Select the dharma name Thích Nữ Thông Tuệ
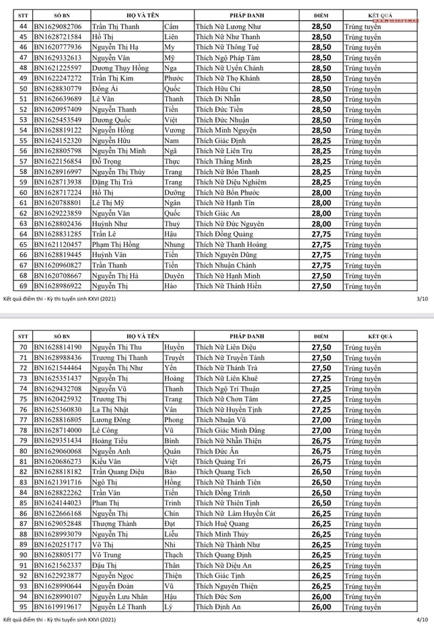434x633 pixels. [x=222, y=47]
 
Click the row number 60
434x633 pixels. [x=22, y=192]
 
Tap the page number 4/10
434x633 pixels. [x=422, y=618]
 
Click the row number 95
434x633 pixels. [x=22, y=607]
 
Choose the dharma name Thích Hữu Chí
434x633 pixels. [x=217, y=89]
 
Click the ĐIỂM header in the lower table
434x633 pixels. [x=321, y=336]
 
